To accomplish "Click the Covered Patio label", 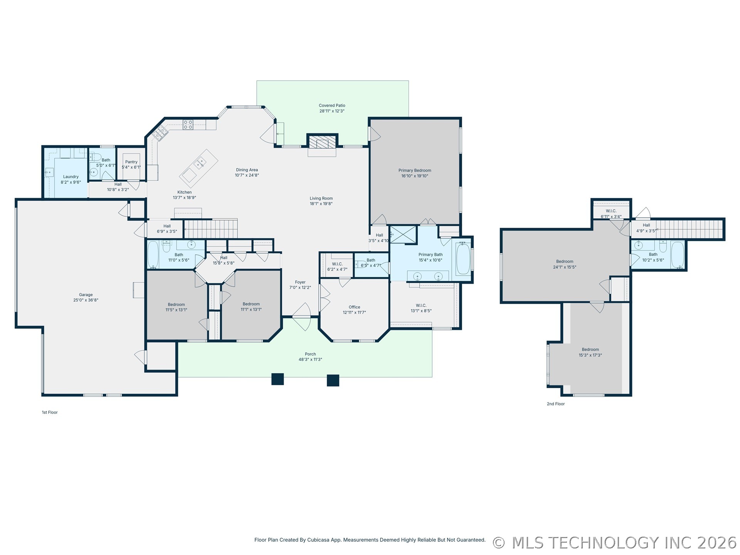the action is pos(332,106).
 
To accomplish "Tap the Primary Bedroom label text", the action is pos(415,170).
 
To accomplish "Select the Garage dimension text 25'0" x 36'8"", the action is pos(86,300).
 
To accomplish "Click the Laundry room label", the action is pos(71,177).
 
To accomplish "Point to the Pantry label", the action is pos(131,162).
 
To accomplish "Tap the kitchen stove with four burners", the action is pos(188,124).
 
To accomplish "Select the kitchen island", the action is pos(199,168).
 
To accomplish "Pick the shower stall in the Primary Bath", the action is pos(403,235).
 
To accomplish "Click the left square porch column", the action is pos(277,379).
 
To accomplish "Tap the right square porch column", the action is pos(333,380).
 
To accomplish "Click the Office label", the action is pos(355,307).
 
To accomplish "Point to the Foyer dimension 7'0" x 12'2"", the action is pos(300,288).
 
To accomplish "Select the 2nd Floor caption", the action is pos(556,404).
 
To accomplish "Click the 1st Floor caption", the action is pos(50,412).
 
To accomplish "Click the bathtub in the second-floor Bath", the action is pos(678,255).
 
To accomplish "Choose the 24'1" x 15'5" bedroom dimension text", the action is pos(565,267).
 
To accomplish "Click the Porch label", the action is pos(310,354).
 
